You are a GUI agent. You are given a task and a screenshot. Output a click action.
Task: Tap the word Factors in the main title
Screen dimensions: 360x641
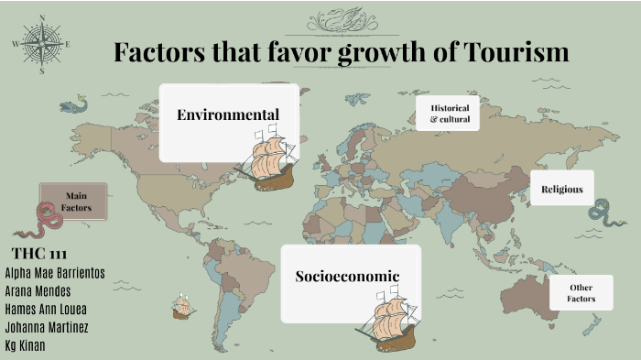(161, 52)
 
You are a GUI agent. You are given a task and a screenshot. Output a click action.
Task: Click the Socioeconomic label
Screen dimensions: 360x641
(347, 276)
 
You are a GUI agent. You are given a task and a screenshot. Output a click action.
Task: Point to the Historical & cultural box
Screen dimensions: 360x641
(449, 114)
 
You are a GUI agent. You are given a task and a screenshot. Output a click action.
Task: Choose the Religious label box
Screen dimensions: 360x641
(561, 189)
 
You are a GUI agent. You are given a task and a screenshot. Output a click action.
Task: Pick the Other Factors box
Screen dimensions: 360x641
(581, 293)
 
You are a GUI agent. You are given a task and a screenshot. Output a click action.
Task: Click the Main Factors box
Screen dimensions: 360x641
(75, 202)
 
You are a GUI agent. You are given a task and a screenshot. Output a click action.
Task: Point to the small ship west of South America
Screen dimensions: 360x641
(183, 307)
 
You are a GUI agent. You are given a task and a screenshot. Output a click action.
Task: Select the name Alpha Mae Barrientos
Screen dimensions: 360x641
(55, 273)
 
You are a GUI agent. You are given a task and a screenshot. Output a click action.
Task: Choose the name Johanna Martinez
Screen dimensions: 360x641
(47, 328)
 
